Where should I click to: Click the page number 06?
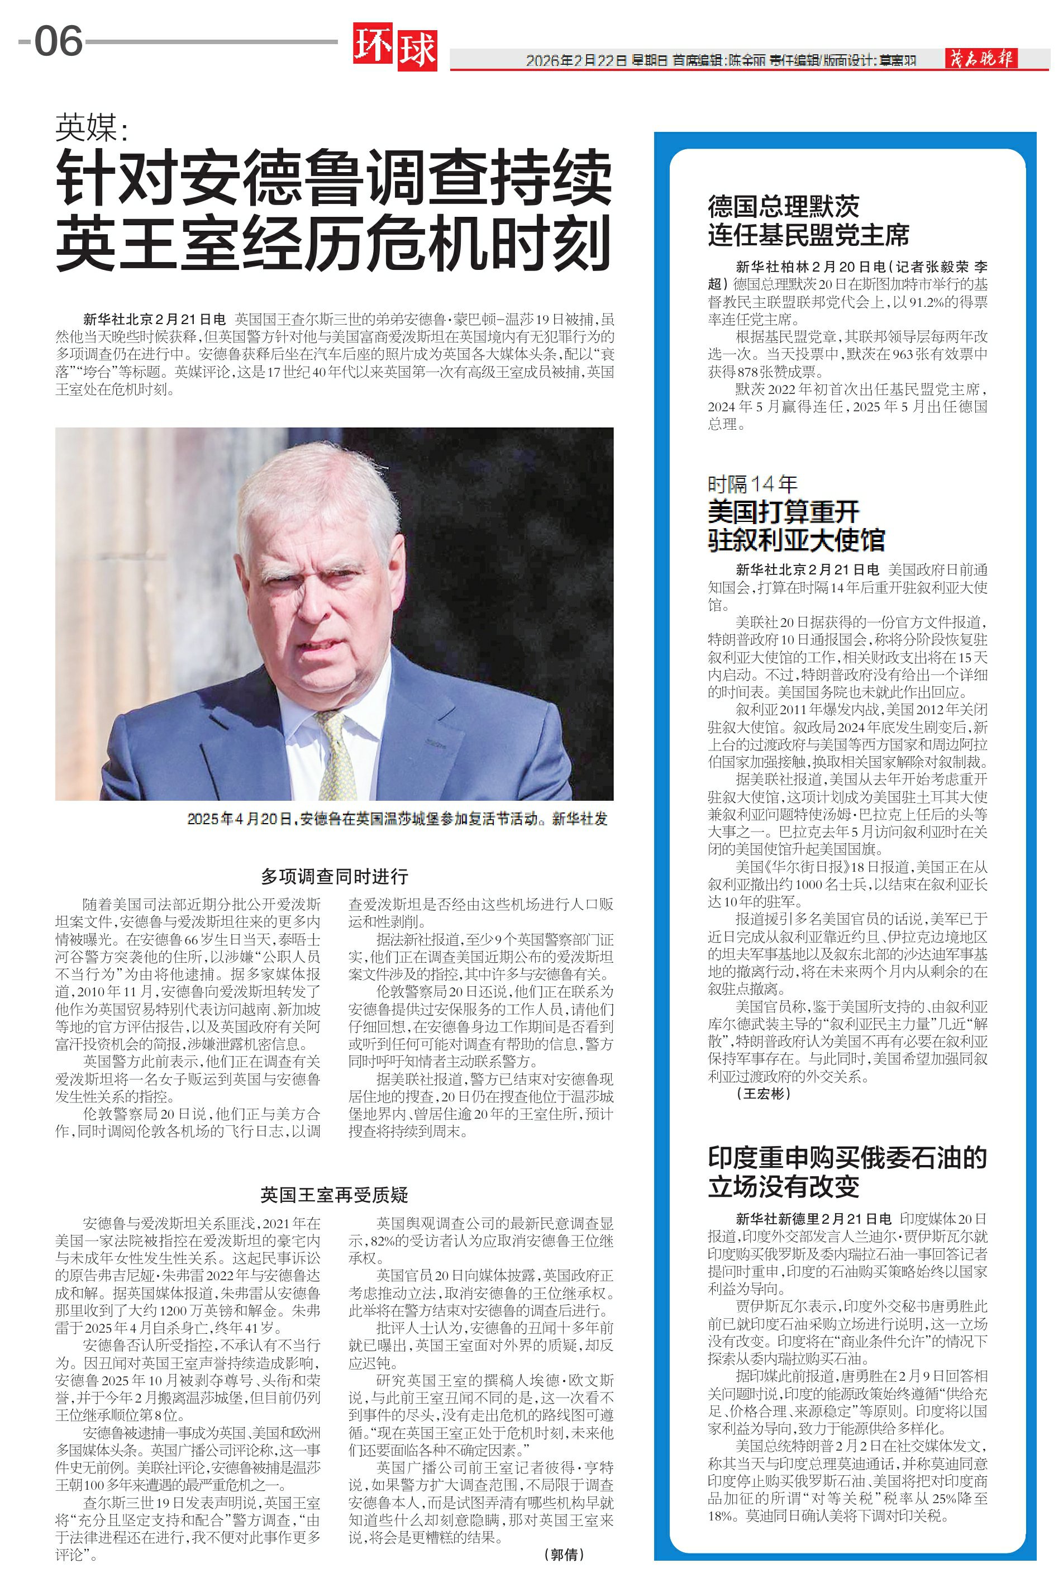click(58, 41)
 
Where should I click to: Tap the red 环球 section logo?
click(394, 47)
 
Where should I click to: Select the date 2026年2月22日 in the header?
click(576, 60)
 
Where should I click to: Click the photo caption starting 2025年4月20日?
click(397, 819)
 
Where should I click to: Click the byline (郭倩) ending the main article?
click(564, 1553)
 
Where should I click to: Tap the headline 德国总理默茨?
click(783, 206)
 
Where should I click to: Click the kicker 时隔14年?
click(752, 483)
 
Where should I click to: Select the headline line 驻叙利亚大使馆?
click(796, 540)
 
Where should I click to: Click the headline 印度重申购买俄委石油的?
click(847, 1158)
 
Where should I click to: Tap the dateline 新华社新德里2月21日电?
click(813, 1219)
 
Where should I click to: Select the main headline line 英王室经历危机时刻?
click(333, 241)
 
